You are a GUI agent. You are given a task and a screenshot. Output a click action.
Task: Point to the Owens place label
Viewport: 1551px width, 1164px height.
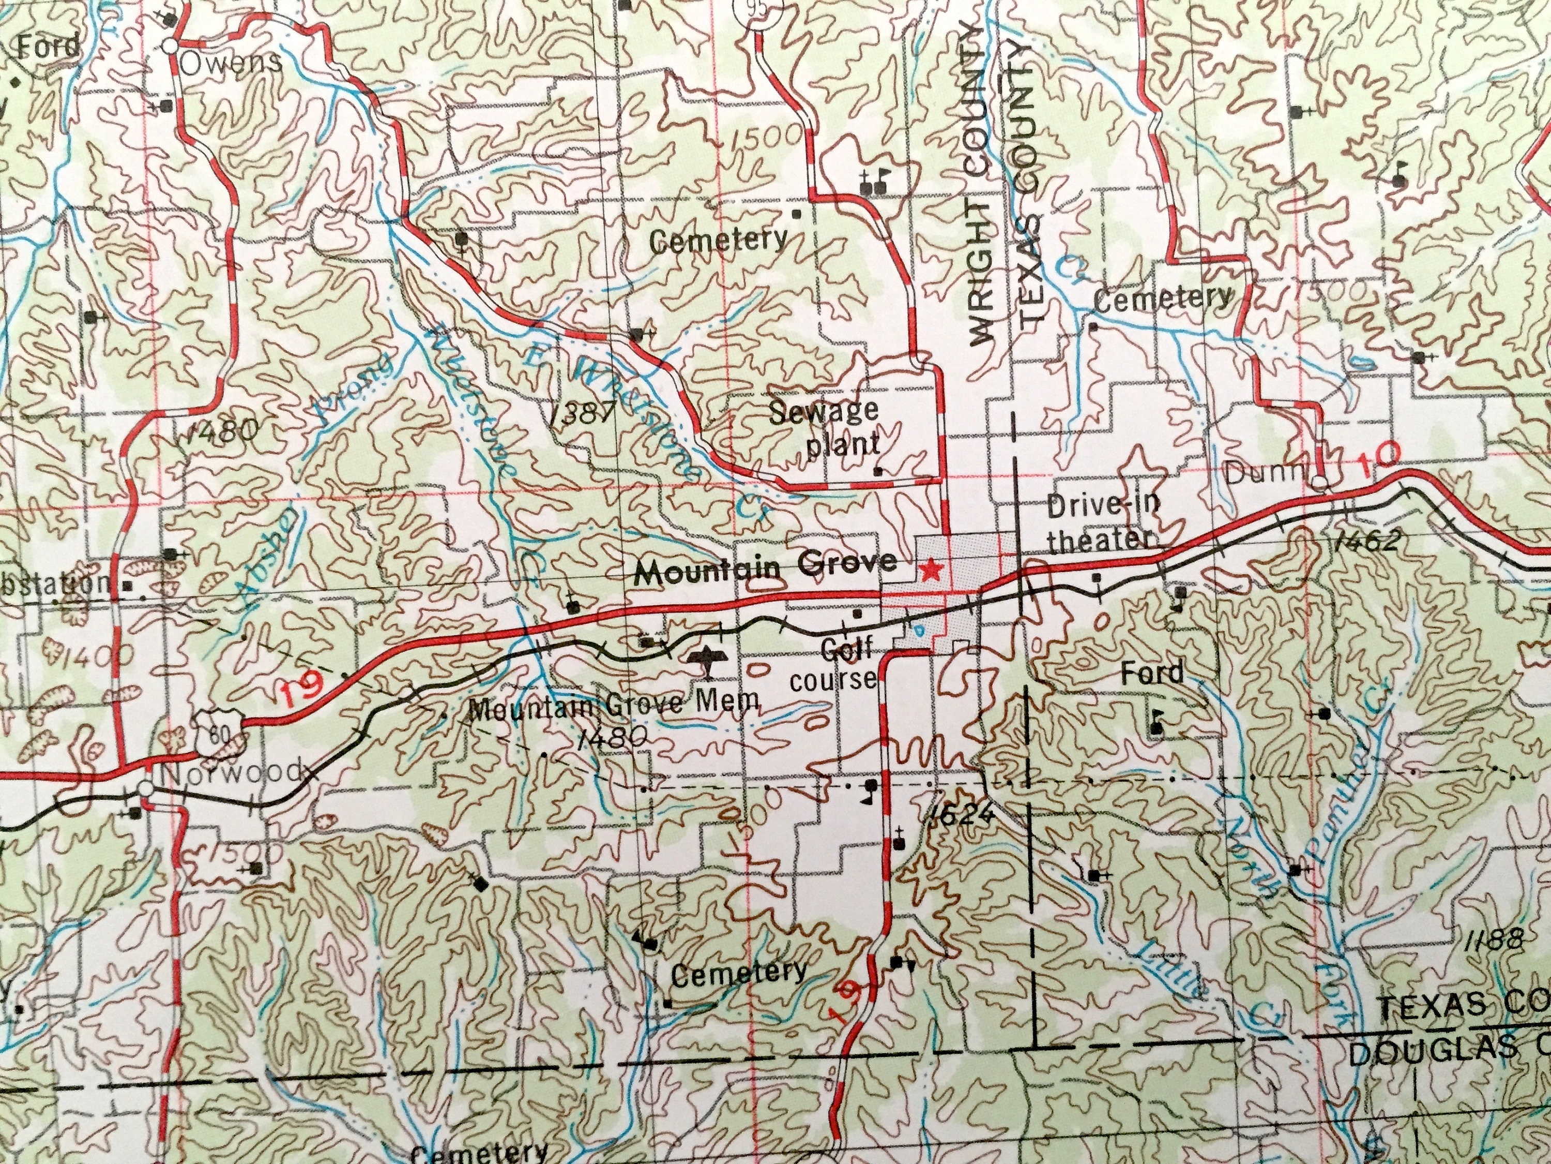[x=230, y=63]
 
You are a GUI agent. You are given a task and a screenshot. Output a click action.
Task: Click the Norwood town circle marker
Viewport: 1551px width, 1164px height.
[x=144, y=788]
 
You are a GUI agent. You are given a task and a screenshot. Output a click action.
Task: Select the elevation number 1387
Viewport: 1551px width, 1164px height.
[x=583, y=414]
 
